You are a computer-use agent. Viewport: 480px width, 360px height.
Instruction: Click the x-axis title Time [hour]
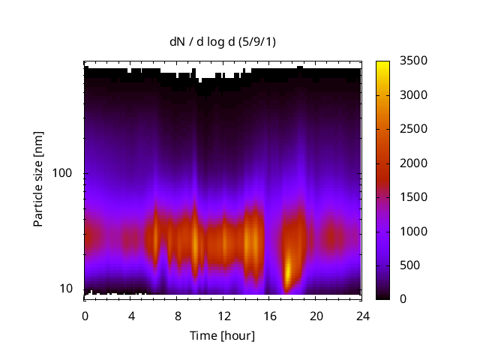[222, 335]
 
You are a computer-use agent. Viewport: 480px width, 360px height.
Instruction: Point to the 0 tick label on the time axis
[85, 316]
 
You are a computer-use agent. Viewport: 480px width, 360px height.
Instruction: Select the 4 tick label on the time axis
[131, 316]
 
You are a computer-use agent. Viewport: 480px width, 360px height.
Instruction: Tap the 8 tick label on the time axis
[178, 316]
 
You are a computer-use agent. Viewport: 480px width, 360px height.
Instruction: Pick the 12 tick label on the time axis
[223, 316]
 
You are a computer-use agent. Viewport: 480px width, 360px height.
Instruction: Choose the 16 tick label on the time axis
[270, 316]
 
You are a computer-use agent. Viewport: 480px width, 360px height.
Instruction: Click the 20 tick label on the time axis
[316, 316]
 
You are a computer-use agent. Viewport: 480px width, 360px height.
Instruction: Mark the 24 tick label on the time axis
[362, 316]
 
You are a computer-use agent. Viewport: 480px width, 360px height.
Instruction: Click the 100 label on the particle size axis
[63, 173]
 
